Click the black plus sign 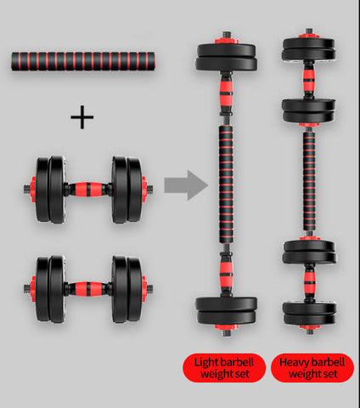pyautogui.click(x=82, y=117)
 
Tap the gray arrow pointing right pyautogui.click(x=186, y=185)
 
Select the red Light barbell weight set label pyautogui.click(x=224, y=367)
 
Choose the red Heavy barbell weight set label pyautogui.click(x=312, y=367)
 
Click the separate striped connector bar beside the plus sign pyautogui.click(x=83, y=61)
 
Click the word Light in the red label pyautogui.click(x=206, y=362)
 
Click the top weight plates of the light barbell pyautogui.click(x=227, y=57)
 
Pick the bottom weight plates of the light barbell pyautogui.click(x=227, y=311)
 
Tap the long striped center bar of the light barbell pyautogui.click(x=226, y=185)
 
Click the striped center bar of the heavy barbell pyautogui.click(x=309, y=181)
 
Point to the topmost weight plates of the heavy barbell pyautogui.click(x=309, y=49)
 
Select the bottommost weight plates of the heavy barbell pyautogui.click(x=310, y=314)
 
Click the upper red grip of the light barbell pyautogui.click(x=226, y=93)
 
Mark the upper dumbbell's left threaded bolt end pyautogui.click(x=27, y=190)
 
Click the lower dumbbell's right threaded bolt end pyautogui.click(x=150, y=289)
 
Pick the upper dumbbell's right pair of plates pyautogui.click(x=127, y=190)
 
